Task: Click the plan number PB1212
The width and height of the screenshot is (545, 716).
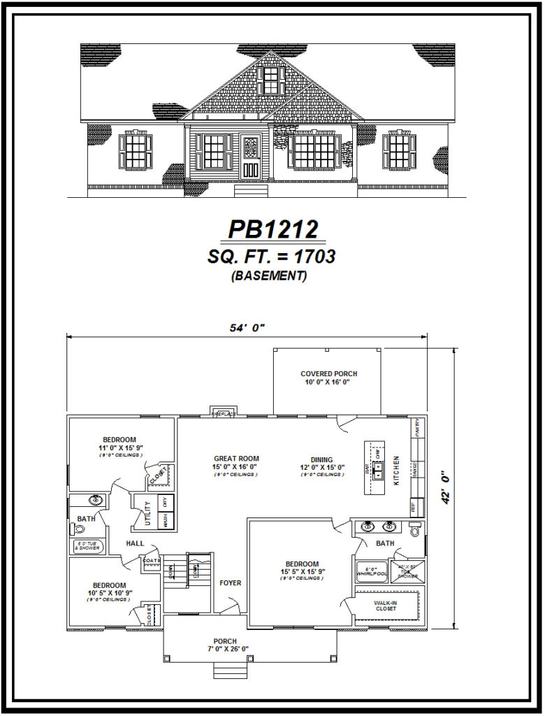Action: click(273, 229)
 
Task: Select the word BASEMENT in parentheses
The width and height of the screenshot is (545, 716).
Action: click(269, 275)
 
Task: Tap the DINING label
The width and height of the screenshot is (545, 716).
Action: click(322, 459)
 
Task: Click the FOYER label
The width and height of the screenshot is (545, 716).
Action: click(231, 582)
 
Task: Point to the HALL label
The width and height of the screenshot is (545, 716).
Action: click(135, 543)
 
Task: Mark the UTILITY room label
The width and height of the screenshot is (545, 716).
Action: click(148, 514)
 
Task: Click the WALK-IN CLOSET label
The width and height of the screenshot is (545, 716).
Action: click(386, 606)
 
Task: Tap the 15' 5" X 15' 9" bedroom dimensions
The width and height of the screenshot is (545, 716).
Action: click(301, 571)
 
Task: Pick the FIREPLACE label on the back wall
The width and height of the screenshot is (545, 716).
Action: click(224, 414)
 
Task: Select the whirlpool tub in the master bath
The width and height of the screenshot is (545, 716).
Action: click(372, 571)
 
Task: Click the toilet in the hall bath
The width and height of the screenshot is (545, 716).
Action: click(79, 529)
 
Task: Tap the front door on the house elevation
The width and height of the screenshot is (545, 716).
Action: click(251, 157)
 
